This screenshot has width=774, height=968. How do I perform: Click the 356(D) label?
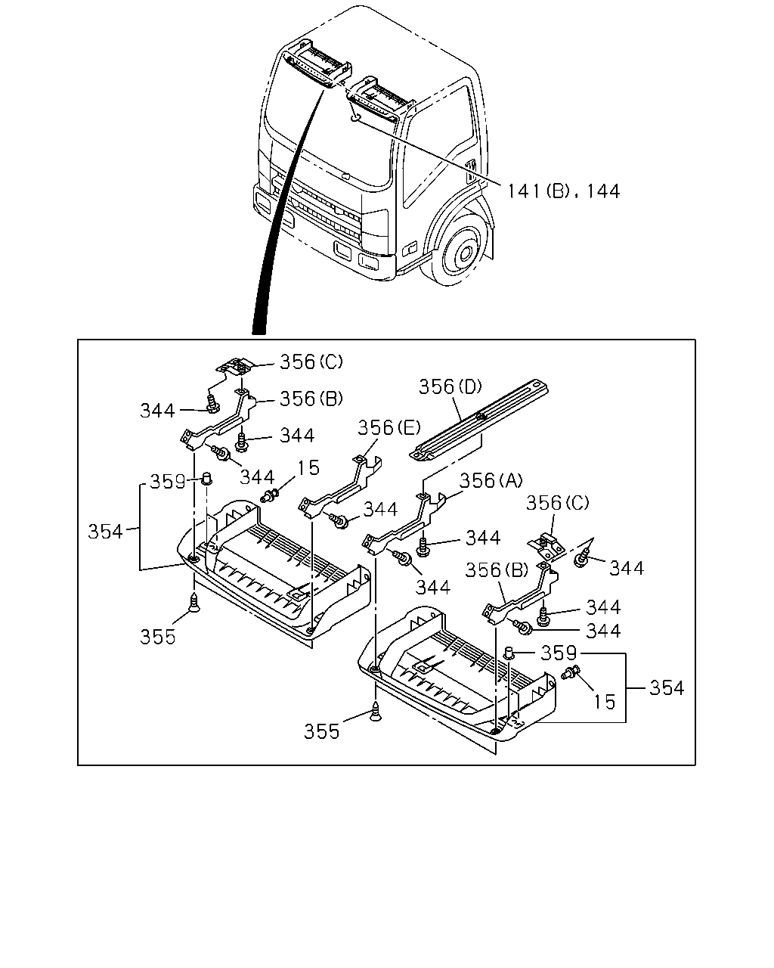click(450, 387)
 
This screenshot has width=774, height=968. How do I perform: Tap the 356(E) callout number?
click(389, 428)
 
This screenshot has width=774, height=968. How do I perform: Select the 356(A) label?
click(491, 481)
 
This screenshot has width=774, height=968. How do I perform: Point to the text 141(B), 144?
click(564, 191)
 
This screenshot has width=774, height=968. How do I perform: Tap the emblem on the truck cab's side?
click(471, 170)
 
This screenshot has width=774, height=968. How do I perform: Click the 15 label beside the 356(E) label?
click(308, 468)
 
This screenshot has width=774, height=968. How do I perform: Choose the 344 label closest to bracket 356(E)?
click(380, 510)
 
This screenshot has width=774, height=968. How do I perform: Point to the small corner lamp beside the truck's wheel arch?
click(411, 247)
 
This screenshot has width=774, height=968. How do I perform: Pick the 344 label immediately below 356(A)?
click(483, 538)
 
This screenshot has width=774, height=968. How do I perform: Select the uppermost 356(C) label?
click(311, 362)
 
